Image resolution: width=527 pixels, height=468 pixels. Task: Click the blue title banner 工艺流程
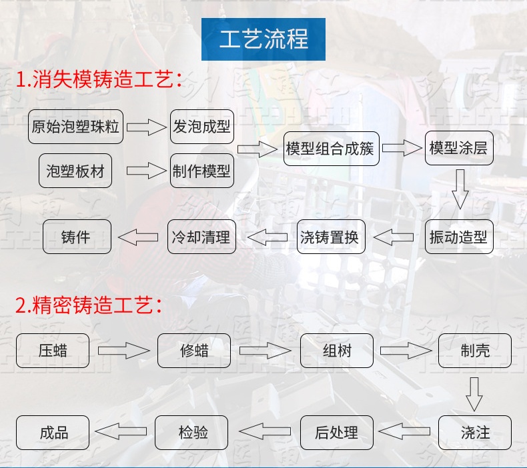pyautogui.click(x=263, y=39)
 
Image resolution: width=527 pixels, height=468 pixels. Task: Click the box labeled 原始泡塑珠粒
pyautogui.click(x=76, y=127)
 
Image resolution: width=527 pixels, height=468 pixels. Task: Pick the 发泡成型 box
pyautogui.click(x=201, y=127)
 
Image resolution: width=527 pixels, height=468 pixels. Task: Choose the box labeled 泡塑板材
pyautogui.click(x=75, y=171)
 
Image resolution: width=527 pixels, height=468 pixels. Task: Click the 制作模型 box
pyautogui.click(x=201, y=171)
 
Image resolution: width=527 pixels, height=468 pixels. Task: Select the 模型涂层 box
pyautogui.click(x=458, y=149)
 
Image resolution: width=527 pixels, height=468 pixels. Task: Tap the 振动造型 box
pyautogui.click(x=458, y=237)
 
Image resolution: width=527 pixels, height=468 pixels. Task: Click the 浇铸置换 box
pyautogui.click(x=330, y=237)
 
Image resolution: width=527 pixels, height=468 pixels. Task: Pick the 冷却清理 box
pyautogui.click(x=201, y=237)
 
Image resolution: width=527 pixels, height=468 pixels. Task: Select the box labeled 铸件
pyautogui.click(x=76, y=237)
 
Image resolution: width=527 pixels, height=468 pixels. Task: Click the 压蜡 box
pyautogui.click(x=53, y=351)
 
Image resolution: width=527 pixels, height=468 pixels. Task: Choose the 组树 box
pyautogui.click(x=336, y=351)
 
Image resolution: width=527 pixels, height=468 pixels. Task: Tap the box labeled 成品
pyautogui.click(x=53, y=433)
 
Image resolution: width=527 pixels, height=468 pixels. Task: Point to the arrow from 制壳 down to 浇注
pyautogui.click(x=474, y=393)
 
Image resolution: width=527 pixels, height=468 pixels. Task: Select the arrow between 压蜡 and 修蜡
pyautogui.click(x=123, y=351)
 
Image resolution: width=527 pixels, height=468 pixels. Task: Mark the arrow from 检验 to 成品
pyautogui.click(x=122, y=433)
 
